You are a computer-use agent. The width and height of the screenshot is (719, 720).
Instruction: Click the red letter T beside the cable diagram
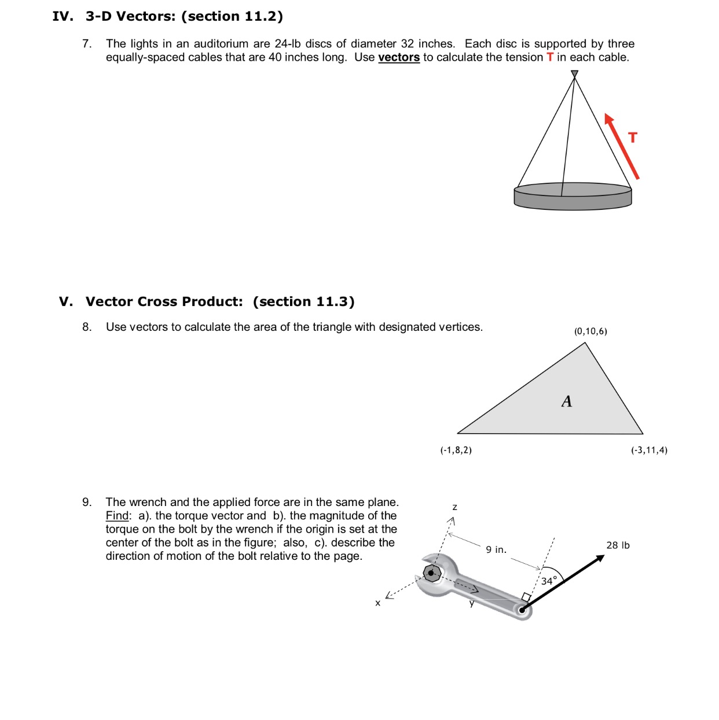pos(633,138)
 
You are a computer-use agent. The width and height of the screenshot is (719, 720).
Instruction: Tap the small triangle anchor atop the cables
pos(574,74)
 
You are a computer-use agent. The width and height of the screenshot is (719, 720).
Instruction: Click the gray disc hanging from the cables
pos(573,196)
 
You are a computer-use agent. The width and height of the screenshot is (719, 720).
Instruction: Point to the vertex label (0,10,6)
pos(590,331)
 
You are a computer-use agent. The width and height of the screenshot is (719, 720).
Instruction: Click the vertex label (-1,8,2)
pos(456,450)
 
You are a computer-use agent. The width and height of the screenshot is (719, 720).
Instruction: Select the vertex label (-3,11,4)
pos(649,450)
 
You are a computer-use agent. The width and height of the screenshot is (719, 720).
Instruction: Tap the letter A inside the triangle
pos(567,401)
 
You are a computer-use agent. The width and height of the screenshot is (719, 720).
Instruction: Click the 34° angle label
pos(549,580)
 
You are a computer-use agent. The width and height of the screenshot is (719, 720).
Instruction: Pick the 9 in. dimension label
pos(496,549)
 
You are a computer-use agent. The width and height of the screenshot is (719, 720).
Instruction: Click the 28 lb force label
pos(618,545)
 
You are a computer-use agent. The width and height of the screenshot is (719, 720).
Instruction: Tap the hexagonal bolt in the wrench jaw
pos(432,574)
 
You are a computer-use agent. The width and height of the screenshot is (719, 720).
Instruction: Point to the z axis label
pos(454,507)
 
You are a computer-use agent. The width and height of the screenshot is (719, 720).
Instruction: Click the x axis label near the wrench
pos(377,603)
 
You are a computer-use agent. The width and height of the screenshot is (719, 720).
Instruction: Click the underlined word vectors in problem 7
pos(399,57)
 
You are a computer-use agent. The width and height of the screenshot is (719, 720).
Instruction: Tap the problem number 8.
pos(87,327)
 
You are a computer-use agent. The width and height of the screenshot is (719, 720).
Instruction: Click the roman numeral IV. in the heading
pos(63,16)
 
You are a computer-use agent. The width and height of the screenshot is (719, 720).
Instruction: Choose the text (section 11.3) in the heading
pos(303,302)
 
